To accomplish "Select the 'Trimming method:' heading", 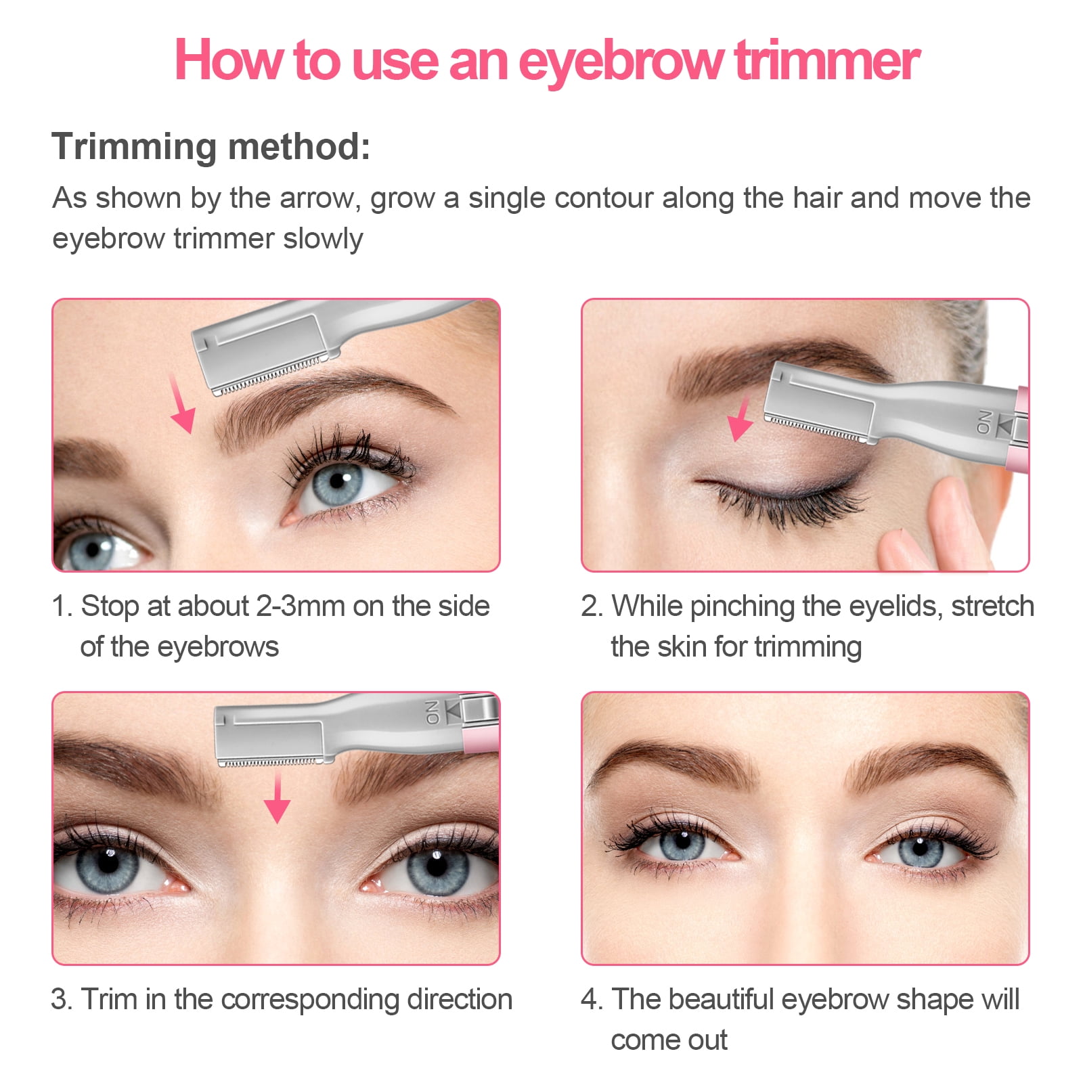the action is point(211,146).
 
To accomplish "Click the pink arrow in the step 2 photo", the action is point(741,420).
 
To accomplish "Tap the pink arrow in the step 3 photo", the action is point(277,799).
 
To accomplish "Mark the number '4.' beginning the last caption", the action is point(592,1000).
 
